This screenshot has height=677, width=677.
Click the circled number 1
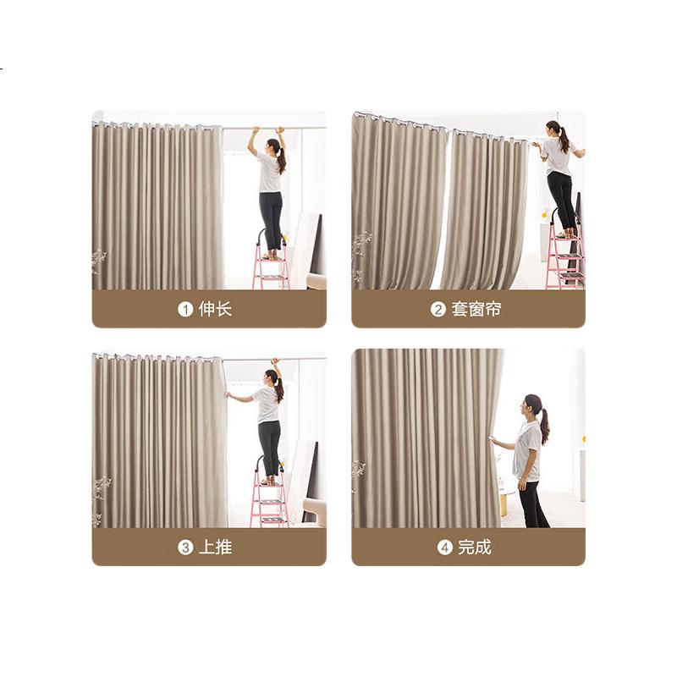click(185, 309)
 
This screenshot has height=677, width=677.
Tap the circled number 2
click(438, 309)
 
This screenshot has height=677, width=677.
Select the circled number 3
click(185, 548)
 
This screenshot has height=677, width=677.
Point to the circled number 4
click(445, 548)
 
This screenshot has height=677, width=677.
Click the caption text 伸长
click(216, 309)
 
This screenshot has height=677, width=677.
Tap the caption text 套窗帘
click(476, 309)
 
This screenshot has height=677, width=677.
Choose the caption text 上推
click(216, 548)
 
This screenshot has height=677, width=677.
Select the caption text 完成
click(475, 548)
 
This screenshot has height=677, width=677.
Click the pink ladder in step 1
click(271, 263)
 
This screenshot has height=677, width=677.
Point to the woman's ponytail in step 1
click(282, 161)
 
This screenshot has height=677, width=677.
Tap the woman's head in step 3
click(272, 377)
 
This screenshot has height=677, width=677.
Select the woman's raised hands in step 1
click(268, 129)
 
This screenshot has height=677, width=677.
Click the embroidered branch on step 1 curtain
click(99, 261)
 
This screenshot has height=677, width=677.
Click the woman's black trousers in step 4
click(534, 504)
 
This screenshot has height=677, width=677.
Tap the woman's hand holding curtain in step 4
click(497, 441)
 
